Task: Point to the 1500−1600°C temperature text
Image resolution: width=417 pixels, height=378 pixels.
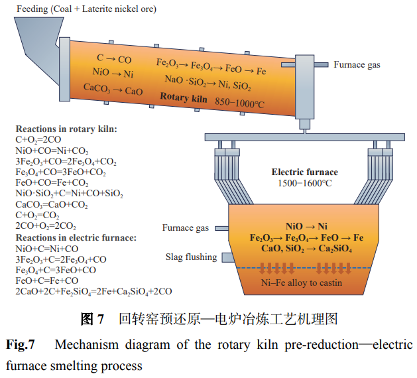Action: [304, 184]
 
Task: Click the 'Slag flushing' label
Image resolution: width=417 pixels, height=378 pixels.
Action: [191, 257]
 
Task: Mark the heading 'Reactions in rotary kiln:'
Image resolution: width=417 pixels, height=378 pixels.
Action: [66, 129]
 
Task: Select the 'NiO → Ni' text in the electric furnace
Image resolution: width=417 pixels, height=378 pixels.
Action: [304, 226]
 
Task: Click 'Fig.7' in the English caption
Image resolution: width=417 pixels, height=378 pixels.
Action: [21, 345]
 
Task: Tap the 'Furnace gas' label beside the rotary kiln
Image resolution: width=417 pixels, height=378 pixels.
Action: [357, 65]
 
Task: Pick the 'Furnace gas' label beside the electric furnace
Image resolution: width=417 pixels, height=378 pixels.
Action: [186, 228]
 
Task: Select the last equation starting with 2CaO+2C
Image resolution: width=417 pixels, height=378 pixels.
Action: [93, 291]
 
